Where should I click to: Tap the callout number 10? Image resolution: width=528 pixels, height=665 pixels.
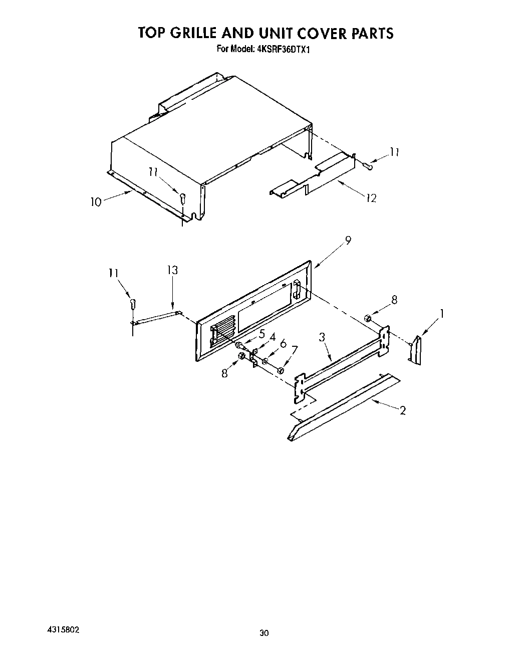click(96, 202)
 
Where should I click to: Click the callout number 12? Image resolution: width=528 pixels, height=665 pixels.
click(371, 198)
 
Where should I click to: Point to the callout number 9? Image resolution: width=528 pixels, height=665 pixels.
click(348, 241)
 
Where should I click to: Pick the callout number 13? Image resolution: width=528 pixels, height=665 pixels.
click(172, 270)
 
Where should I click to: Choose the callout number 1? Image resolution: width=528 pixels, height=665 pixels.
click(441, 314)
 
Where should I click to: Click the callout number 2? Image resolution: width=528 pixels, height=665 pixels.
click(402, 411)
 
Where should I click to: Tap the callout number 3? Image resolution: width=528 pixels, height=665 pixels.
click(323, 337)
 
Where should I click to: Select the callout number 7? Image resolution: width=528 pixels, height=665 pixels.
click(294, 349)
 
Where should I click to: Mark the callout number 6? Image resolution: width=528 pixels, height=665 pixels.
click(283, 344)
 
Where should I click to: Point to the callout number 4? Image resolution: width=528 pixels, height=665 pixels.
click(273, 337)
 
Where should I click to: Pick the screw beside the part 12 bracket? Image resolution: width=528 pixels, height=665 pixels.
click(367, 164)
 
